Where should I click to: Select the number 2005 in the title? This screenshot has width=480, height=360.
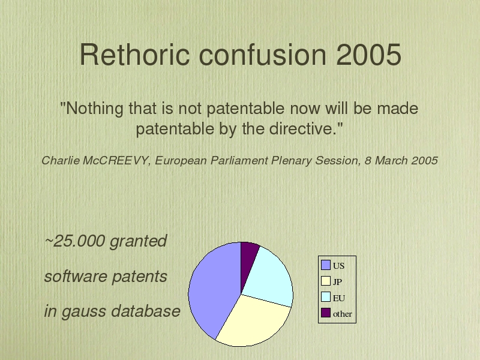(368, 55)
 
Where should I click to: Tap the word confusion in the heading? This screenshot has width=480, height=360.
(263, 54)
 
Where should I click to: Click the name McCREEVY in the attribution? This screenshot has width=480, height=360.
(115, 160)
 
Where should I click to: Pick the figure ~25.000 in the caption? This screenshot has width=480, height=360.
(75, 241)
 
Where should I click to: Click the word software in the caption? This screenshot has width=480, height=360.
(76, 277)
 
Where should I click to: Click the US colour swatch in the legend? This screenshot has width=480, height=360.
(326, 265)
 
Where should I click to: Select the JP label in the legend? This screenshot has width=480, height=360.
(337, 282)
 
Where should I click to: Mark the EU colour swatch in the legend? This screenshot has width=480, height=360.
(326, 297)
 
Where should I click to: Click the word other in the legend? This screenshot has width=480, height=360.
(342, 314)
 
